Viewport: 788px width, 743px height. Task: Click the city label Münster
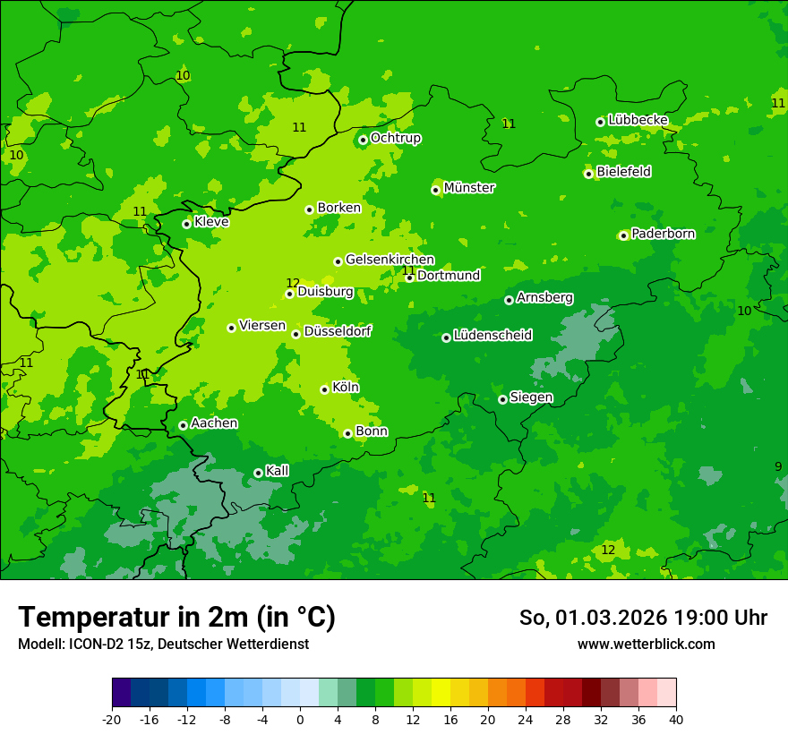469,188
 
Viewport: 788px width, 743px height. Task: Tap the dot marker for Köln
324,389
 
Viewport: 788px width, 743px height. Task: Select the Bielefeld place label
624,172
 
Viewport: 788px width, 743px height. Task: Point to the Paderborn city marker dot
623,235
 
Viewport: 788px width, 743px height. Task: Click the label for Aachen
214,423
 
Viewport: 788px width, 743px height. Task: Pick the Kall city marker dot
258,473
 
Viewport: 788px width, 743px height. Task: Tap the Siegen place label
531,397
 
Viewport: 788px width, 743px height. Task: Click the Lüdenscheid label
492,336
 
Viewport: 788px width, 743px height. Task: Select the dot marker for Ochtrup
363,140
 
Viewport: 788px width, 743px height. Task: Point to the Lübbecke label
638,120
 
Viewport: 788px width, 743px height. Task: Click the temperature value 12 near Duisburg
293,283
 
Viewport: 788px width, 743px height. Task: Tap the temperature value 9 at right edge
778,466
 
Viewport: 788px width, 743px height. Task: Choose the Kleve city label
211,222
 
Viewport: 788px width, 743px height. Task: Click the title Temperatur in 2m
176,617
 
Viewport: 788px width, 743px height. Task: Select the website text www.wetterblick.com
646,644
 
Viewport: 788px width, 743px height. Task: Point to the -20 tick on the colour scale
112,719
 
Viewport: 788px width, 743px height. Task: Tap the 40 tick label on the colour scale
676,719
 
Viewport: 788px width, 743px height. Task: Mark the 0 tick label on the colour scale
300,719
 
